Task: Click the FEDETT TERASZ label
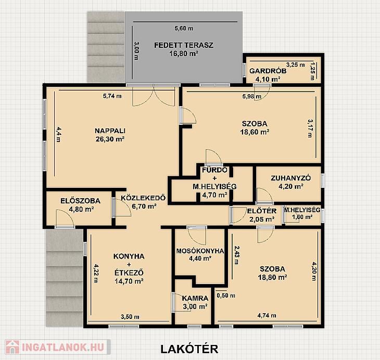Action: [184, 45]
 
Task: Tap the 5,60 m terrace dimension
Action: [184, 28]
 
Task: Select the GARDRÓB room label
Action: [268, 71]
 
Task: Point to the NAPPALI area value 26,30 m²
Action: [110, 139]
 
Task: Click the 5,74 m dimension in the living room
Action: [112, 96]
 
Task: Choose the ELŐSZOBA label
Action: [80, 201]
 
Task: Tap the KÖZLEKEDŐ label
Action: [143, 198]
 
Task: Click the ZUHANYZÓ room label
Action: [290, 178]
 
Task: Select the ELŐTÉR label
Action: [262, 211]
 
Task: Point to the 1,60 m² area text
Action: [302, 217]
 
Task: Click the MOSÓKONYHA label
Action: [200, 251]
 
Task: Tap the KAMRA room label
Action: [195, 298]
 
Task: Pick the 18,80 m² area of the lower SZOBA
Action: [273, 277]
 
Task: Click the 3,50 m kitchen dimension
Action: [130, 317]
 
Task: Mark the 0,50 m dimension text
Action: [226, 295]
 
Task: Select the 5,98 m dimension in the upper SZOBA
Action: [252, 96]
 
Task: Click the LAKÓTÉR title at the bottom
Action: [189, 349]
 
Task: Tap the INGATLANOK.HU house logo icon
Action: [12, 347]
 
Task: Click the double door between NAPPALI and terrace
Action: [154, 95]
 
